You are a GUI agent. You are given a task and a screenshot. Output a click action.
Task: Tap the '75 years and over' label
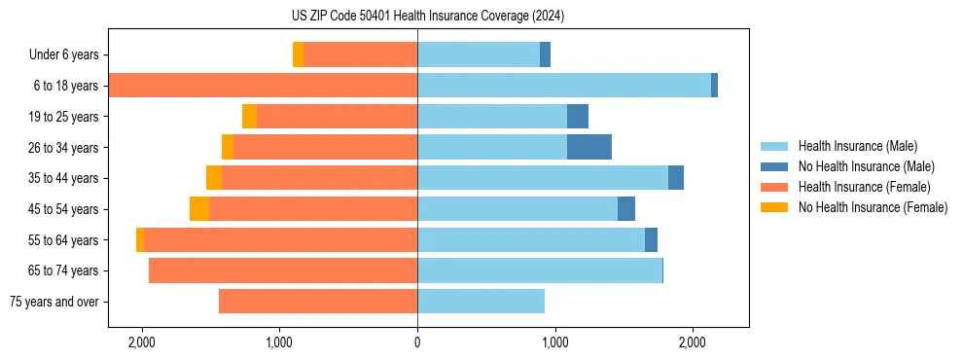[53, 302]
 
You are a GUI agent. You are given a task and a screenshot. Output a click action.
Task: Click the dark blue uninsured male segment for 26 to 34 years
[589, 147]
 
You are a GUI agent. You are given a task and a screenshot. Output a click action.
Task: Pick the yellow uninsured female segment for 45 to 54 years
[199, 209]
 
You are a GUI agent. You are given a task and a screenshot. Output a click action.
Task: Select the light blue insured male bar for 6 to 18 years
[564, 86]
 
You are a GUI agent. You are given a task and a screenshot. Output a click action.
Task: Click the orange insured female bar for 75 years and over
[318, 302]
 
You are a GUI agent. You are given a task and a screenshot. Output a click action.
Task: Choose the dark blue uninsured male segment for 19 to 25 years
[578, 117]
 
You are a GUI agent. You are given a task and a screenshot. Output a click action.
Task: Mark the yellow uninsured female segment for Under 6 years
[298, 54]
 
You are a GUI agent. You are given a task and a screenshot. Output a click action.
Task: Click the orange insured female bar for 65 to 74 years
[283, 270]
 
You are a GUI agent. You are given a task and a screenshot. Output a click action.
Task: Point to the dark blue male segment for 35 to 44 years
[676, 178]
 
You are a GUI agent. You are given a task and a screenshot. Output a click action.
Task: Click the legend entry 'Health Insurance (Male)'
[853, 147]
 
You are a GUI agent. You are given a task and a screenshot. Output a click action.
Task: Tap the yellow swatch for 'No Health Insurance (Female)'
[775, 207]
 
